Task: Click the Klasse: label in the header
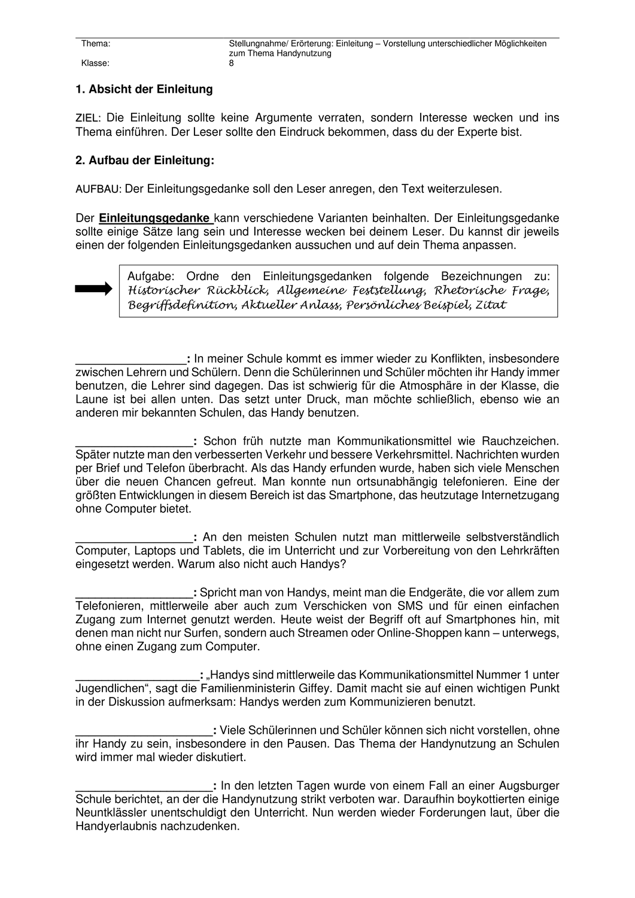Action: [x=95, y=63]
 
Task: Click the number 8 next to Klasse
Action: [x=232, y=63]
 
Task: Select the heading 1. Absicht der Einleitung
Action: [x=144, y=89]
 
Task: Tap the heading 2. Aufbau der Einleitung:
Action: [x=145, y=160]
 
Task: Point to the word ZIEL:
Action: [x=88, y=119]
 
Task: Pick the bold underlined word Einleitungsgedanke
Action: [x=154, y=218]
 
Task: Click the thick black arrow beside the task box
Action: [x=93, y=289]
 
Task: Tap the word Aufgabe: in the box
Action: [x=150, y=276]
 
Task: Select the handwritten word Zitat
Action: [x=491, y=305]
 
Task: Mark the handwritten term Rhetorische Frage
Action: [x=491, y=290]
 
